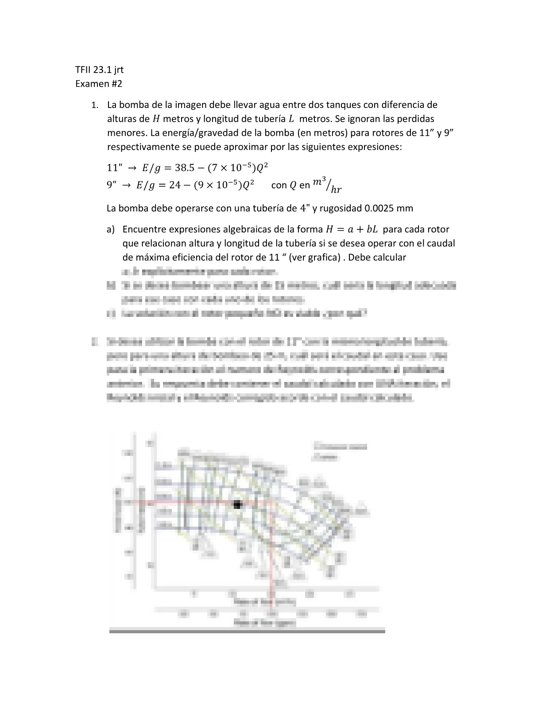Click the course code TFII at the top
[84, 69]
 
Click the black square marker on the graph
[237, 504]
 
